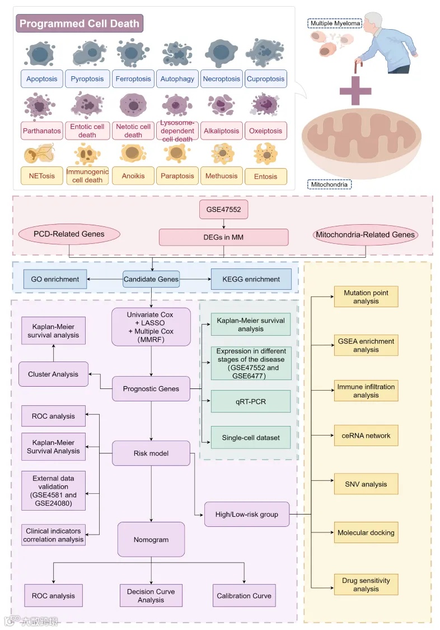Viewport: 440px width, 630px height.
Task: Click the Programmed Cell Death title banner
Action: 79,24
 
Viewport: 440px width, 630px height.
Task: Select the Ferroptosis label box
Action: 133,79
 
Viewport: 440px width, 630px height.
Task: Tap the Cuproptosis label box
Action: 266,79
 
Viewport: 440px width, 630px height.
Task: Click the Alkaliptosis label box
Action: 221,131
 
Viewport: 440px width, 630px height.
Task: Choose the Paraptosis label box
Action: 176,176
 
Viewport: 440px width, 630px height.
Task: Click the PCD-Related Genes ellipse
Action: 69,234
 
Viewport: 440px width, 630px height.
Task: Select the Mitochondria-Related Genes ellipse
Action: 366,235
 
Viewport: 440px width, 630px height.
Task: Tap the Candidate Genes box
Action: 151,279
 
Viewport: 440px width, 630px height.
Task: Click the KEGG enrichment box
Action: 251,279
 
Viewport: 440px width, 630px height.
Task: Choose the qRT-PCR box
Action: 251,401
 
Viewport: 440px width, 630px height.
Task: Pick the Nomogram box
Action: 151,540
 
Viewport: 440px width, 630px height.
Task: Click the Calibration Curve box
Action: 244,596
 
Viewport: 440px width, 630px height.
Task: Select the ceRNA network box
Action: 366,436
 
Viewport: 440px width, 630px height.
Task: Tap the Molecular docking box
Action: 366,532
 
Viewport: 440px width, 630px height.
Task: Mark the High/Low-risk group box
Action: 247,514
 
